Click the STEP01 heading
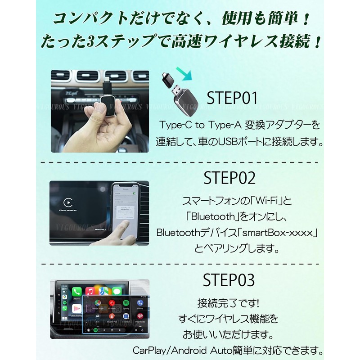232,98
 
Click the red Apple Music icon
90,291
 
